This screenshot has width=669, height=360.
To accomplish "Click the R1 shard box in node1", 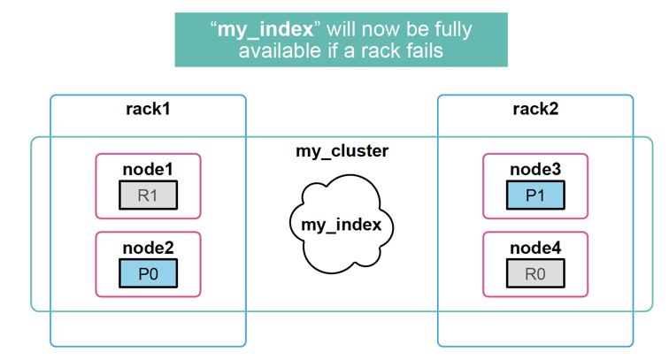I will [148, 195].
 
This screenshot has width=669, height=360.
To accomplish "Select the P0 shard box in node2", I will [148, 273].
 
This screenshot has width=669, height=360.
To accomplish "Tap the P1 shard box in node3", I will [535, 195].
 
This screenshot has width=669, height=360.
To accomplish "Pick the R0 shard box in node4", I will [535, 273].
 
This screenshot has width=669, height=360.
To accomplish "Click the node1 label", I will [148, 169].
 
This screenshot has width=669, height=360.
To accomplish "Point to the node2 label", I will [148, 248].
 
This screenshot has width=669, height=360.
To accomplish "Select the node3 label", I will [535, 169].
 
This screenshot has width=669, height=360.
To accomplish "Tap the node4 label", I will [535, 248].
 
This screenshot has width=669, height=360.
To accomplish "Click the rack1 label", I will [148, 110].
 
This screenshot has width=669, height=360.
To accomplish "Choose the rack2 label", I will [535, 110].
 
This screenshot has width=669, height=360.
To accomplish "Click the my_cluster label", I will [342, 151].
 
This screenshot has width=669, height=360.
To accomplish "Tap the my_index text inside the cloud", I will [341, 225].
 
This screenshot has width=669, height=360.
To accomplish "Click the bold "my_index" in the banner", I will [265, 29].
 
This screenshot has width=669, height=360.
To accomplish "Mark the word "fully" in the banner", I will [450, 29].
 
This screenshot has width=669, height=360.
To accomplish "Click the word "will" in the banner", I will [339, 29].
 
